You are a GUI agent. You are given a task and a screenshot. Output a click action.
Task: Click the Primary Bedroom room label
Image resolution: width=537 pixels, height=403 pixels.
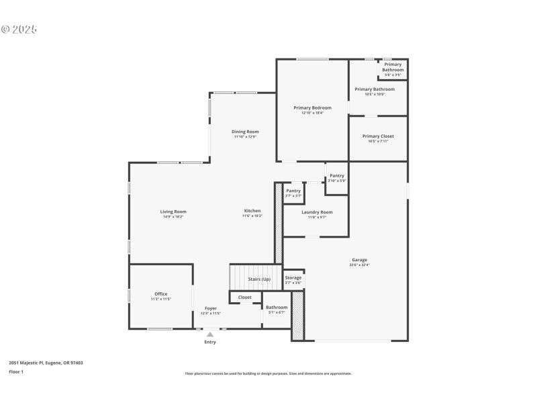(x=312, y=107)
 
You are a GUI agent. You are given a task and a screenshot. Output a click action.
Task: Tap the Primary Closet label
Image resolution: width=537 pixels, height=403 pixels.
(x=378, y=136)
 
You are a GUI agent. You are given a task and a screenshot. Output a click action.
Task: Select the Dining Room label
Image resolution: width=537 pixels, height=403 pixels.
(x=245, y=132)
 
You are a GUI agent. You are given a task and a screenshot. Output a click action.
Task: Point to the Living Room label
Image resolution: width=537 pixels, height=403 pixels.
(x=173, y=212)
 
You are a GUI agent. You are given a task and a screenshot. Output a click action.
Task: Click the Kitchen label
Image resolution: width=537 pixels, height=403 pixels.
(x=252, y=212)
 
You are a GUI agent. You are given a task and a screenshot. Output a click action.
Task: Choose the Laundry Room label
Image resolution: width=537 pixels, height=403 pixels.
(x=316, y=212)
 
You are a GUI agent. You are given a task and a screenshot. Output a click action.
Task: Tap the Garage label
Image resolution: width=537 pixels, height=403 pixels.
(x=359, y=260)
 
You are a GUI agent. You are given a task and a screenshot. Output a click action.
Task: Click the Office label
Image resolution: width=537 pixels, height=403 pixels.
(x=161, y=294)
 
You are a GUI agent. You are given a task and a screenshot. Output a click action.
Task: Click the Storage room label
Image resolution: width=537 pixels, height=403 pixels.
(x=293, y=277)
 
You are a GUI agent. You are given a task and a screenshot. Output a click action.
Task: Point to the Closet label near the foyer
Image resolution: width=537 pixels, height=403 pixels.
(x=245, y=297)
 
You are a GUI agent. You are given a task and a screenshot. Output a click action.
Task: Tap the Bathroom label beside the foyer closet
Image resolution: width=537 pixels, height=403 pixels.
(x=277, y=307)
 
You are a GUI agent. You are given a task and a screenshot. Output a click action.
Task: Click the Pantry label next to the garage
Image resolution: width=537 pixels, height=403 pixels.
(x=337, y=176)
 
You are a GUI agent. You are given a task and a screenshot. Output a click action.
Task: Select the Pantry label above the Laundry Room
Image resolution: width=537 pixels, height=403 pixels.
(x=293, y=191)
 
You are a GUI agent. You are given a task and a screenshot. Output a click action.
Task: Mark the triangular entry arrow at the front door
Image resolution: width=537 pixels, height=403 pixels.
(x=210, y=334)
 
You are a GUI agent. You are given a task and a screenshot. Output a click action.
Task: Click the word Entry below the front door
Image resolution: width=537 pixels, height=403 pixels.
(x=210, y=342)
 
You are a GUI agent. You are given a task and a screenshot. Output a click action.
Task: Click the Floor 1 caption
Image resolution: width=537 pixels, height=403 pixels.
(x=16, y=371)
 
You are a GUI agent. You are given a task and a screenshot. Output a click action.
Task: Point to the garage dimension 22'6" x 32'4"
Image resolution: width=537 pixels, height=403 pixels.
(x=359, y=265)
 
